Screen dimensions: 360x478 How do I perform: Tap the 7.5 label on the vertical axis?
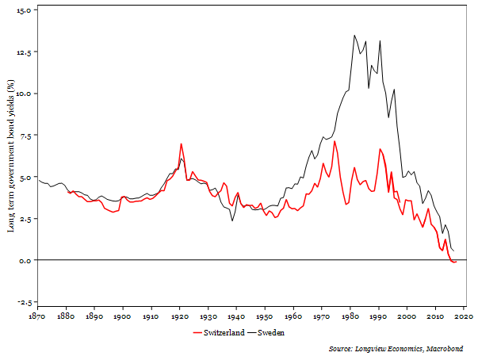pos(24,136)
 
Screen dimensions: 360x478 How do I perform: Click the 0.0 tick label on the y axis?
pos(24,260)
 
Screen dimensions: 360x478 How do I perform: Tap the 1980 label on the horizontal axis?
pos(350,316)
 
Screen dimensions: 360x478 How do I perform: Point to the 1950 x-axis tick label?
pos(265,316)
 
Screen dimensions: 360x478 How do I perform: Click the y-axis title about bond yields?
pos(10,155)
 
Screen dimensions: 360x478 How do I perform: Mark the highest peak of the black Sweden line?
pos(354,35)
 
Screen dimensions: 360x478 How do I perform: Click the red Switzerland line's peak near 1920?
pos(181,144)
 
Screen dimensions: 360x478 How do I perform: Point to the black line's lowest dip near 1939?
pos(232,220)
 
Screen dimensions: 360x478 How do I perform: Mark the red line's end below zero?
pos(455,262)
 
